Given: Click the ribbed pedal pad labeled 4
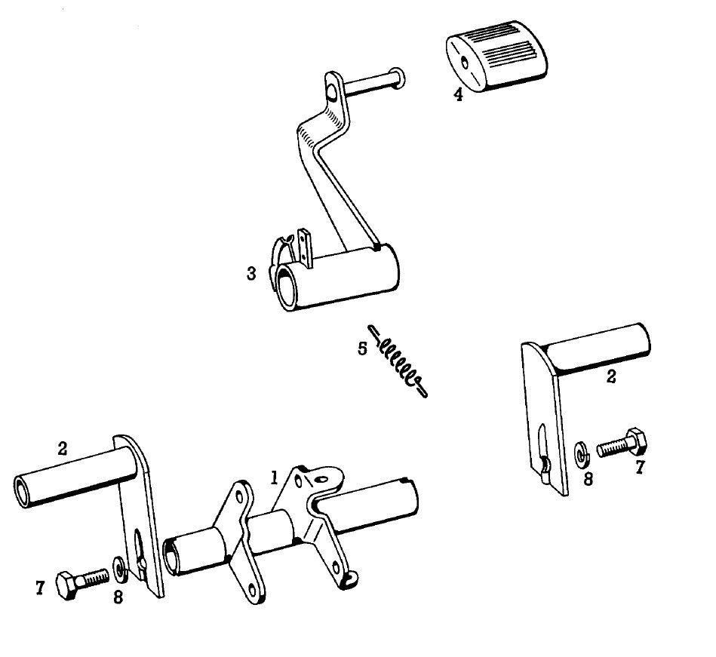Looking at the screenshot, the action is [x=496, y=56].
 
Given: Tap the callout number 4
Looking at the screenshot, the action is [x=458, y=94].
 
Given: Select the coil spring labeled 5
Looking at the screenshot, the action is [x=398, y=361].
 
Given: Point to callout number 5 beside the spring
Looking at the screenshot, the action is [x=362, y=348].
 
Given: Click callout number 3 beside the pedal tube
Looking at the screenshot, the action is [x=251, y=274].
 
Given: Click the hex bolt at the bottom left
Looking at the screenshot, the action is [x=82, y=583].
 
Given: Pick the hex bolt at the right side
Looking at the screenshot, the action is [x=622, y=443].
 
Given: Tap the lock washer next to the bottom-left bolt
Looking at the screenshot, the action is [x=121, y=569].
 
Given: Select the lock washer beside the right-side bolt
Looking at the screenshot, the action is [x=581, y=455].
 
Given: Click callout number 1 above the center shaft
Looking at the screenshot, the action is [x=274, y=478].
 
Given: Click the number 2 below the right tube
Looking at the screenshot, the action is [x=611, y=376].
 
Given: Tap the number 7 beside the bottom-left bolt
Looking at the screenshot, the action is [x=40, y=588].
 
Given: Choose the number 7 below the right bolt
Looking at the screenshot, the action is [x=640, y=468].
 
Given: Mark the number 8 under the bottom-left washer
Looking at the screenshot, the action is [x=118, y=597].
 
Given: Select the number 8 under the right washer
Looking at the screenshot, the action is [x=588, y=479].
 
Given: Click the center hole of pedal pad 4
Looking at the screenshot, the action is [x=465, y=62].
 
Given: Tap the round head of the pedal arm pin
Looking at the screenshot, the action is [x=398, y=78].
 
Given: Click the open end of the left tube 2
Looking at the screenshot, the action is [x=21, y=491].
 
